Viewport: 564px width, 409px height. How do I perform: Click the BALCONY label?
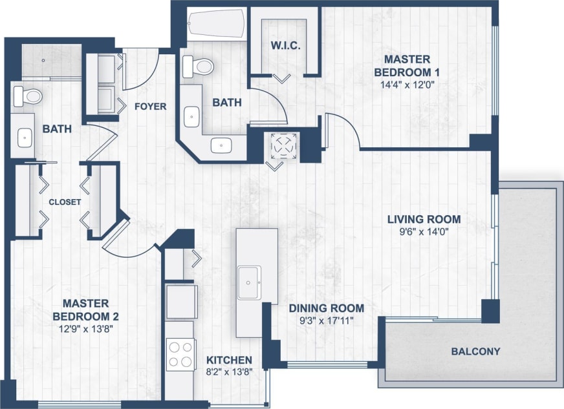(475, 351)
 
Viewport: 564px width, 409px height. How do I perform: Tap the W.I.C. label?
(285, 47)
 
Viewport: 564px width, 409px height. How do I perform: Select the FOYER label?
(150, 106)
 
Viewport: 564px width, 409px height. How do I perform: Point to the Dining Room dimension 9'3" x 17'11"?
(326, 320)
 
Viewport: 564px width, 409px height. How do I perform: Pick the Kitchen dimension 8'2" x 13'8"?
(229, 372)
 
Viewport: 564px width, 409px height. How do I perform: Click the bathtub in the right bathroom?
(215, 25)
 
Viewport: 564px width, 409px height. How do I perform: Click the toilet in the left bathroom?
(27, 96)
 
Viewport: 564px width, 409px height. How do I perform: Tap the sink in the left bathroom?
(24, 136)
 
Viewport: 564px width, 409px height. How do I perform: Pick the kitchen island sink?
(249, 282)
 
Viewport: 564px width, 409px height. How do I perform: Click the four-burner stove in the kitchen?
(180, 354)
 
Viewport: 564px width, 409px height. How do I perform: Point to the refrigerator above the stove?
(181, 301)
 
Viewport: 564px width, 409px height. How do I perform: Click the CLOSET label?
(65, 202)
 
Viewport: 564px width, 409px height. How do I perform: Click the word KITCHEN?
(229, 360)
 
